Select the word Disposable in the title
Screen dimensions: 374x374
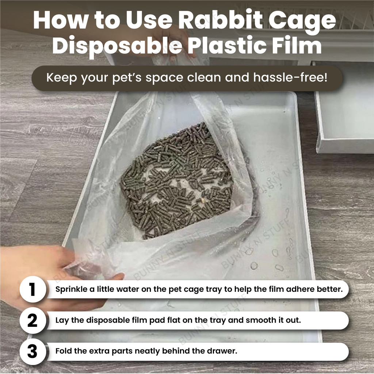click(117, 46)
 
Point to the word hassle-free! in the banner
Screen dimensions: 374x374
click(290, 77)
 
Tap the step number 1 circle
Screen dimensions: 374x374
click(33, 289)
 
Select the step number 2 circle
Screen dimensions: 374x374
click(33, 320)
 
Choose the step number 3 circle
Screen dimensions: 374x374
click(33, 351)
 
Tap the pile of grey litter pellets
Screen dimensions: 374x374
click(176, 181)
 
